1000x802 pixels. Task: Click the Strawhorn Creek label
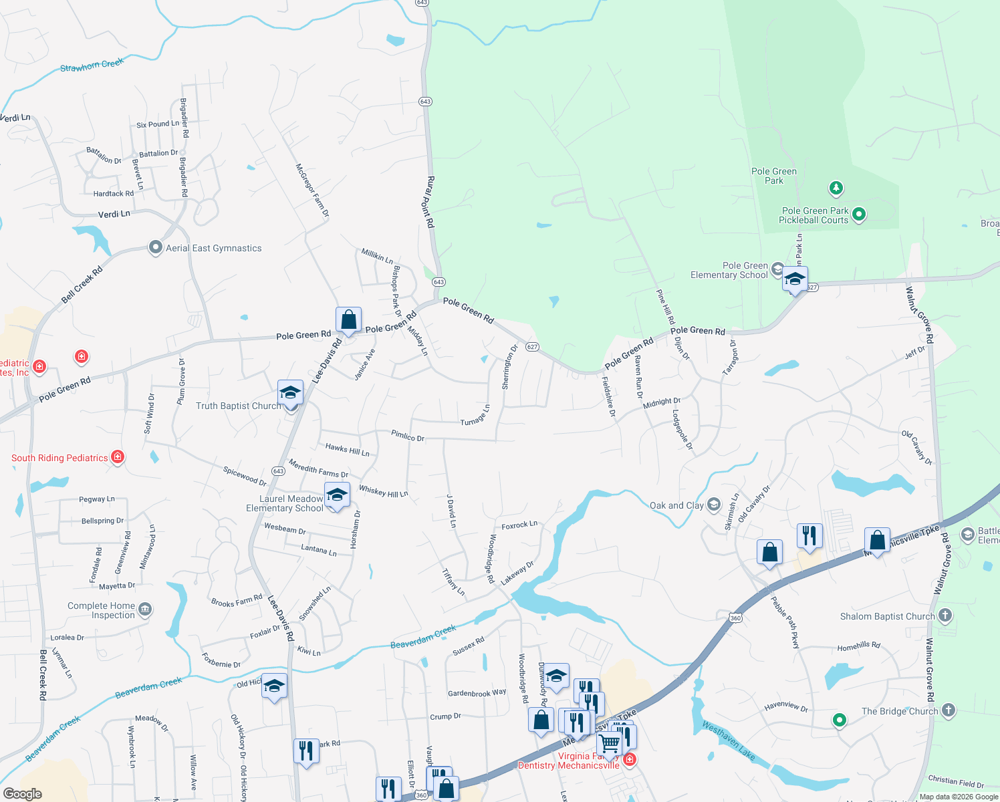coord(92,65)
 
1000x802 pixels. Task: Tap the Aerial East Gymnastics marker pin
coord(155,248)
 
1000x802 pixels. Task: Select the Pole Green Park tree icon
coord(836,188)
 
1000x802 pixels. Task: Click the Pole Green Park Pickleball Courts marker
coord(860,215)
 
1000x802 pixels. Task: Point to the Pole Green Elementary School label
coord(729,270)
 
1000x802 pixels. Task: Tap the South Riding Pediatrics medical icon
coord(118,457)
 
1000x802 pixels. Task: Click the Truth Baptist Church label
coord(238,406)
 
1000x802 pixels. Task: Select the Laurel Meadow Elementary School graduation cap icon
coord(337,496)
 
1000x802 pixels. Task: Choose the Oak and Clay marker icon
coord(714,504)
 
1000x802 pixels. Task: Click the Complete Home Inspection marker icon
coord(145,609)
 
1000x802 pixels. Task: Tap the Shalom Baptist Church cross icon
coord(945,615)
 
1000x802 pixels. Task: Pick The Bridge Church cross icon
coord(948,710)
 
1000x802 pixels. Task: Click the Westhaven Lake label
coord(729,741)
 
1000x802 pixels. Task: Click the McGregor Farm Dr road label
coord(312,190)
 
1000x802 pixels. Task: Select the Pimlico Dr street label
coord(408,436)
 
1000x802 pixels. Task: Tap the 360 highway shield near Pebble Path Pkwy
coord(735,618)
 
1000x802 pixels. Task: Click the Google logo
coord(23,793)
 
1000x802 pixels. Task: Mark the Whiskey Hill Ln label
coord(383,492)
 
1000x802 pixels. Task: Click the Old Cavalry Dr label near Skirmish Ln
coord(754,503)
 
